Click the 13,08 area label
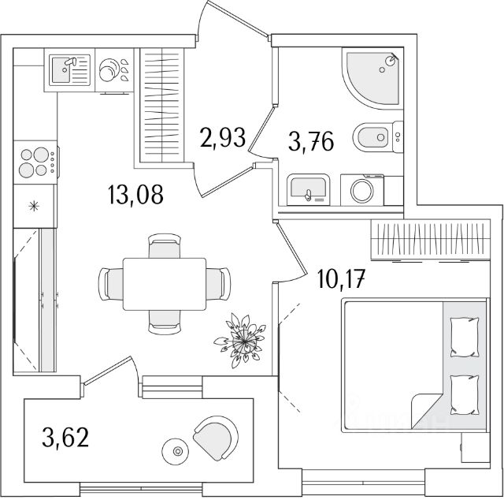coord(136,195)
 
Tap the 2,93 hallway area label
coord(223,137)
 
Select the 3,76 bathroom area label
coord(311,142)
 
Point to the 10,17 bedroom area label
coord(341,279)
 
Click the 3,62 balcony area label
coord(65,437)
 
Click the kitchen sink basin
coord(61,69)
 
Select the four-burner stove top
coord(35,162)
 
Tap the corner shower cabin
coord(372,78)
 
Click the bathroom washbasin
coord(308,189)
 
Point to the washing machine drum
coord(362,191)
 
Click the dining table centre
coord(165,284)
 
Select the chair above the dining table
coord(165,245)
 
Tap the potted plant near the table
coord(240,341)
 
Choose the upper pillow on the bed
coord(465,337)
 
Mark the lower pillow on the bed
coord(465,395)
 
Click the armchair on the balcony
coord(216,438)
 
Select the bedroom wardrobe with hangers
coord(431,240)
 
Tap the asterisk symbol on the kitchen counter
coord(34,206)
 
